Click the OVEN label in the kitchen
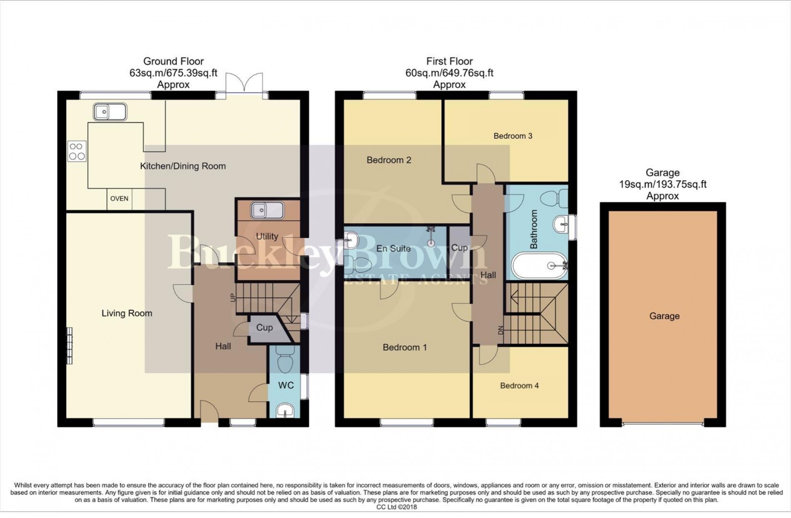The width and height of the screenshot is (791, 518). click(x=119, y=199)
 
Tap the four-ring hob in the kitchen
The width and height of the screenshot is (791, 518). click(x=77, y=152)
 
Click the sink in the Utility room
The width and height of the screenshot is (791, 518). click(x=267, y=211)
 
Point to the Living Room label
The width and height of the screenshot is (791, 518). click(x=127, y=313)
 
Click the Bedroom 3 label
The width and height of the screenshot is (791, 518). click(x=512, y=136)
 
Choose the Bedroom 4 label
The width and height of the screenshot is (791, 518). click(x=519, y=386)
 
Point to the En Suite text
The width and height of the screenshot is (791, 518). click(x=393, y=249)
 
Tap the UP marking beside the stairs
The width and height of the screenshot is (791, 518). click(x=233, y=297)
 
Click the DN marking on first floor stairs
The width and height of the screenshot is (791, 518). click(x=501, y=330)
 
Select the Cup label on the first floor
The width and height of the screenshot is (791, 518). click(x=459, y=247)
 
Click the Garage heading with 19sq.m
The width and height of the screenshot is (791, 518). click(x=662, y=184)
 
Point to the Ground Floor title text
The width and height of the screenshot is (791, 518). click(x=173, y=61)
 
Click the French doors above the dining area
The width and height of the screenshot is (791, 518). click(x=244, y=83)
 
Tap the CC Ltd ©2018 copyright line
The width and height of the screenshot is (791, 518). click(x=396, y=507)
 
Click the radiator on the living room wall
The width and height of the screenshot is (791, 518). click(x=70, y=345)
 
